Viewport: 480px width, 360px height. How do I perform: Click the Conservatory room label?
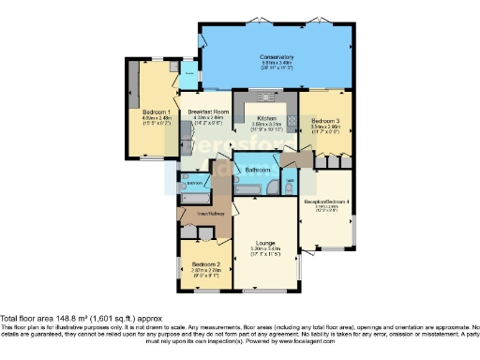(x=277, y=57)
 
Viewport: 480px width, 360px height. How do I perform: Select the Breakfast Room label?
(x=208, y=112)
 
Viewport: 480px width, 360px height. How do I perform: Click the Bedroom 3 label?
(x=324, y=121)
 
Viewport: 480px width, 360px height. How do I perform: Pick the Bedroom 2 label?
(x=206, y=264)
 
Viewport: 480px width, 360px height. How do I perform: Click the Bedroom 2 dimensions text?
(x=206, y=272)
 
